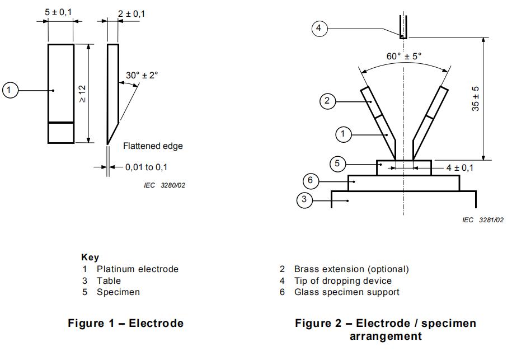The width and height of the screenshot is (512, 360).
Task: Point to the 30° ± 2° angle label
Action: tap(142, 75)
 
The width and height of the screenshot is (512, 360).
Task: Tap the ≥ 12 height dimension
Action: tap(82, 93)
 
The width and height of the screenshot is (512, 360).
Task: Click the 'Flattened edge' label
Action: tap(153, 146)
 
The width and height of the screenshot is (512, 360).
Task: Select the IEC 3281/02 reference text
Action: tap(483, 221)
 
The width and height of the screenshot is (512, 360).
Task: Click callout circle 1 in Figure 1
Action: tap(11, 90)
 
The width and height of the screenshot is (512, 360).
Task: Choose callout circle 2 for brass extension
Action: tap(328, 101)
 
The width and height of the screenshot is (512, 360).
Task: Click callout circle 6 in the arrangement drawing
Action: tap(311, 181)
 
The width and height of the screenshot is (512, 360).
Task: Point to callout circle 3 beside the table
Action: tap(304, 200)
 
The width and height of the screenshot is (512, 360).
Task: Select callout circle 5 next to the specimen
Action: tap(337, 164)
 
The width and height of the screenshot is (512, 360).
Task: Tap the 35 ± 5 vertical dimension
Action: tap(476, 99)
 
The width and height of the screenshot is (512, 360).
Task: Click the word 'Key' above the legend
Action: tap(90, 258)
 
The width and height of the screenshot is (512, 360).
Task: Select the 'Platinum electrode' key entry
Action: tap(138, 269)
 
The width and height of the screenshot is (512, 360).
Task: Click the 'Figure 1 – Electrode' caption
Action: tap(126, 324)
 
